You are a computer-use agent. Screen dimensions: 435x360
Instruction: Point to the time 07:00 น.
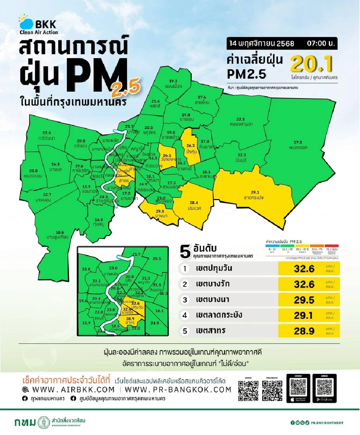click(x=321, y=43)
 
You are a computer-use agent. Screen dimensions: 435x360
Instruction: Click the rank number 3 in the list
click(x=184, y=299)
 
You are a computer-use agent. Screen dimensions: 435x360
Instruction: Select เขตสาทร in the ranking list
click(x=210, y=331)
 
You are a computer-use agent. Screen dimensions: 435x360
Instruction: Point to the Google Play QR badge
click(x=324, y=388)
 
